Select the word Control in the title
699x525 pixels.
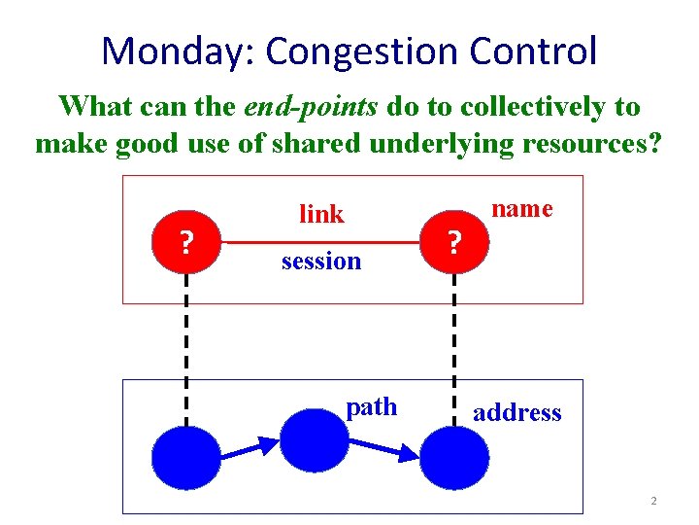[540, 51]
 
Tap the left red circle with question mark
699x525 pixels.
[185, 239]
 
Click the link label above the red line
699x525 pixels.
[321, 214]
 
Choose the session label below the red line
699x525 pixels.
[320, 261]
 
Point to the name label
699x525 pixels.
[522, 208]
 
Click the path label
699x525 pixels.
[372, 406]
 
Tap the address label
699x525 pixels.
[516, 412]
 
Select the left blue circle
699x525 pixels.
[185, 461]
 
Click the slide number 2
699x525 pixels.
[653, 501]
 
